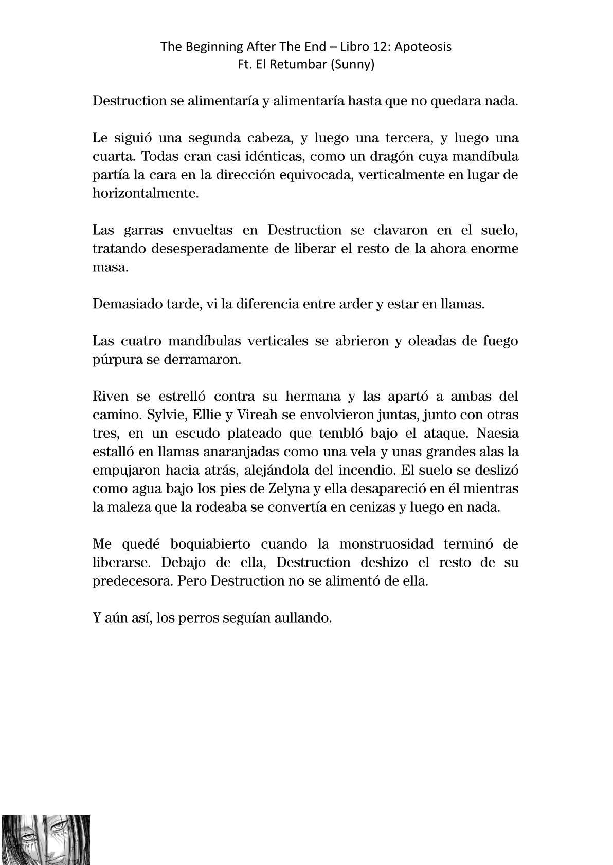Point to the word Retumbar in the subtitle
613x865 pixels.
299,65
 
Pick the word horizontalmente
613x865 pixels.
145,194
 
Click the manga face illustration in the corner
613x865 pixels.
45,840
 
